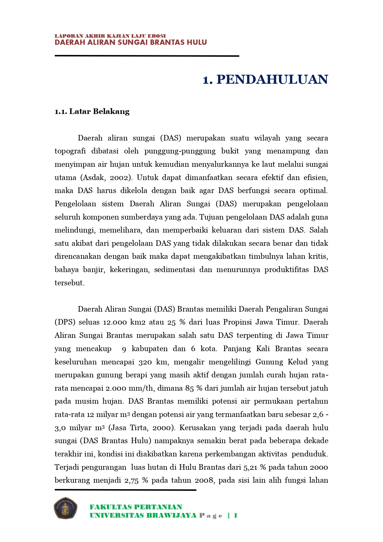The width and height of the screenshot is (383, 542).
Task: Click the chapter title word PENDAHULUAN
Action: [x=272, y=80]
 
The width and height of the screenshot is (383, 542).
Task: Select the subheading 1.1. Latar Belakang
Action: [x=92, y=111]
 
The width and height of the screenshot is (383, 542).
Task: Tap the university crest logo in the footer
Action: [x=65, y=508]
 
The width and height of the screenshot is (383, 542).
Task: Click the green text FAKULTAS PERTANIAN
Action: [x=136, y=507]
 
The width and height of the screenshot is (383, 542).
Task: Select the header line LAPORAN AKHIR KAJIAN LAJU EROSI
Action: [x=110, y=36]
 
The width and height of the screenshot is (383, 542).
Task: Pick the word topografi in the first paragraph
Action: [x=70, y=151]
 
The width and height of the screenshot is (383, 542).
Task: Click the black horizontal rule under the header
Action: [x=147, y=56]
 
